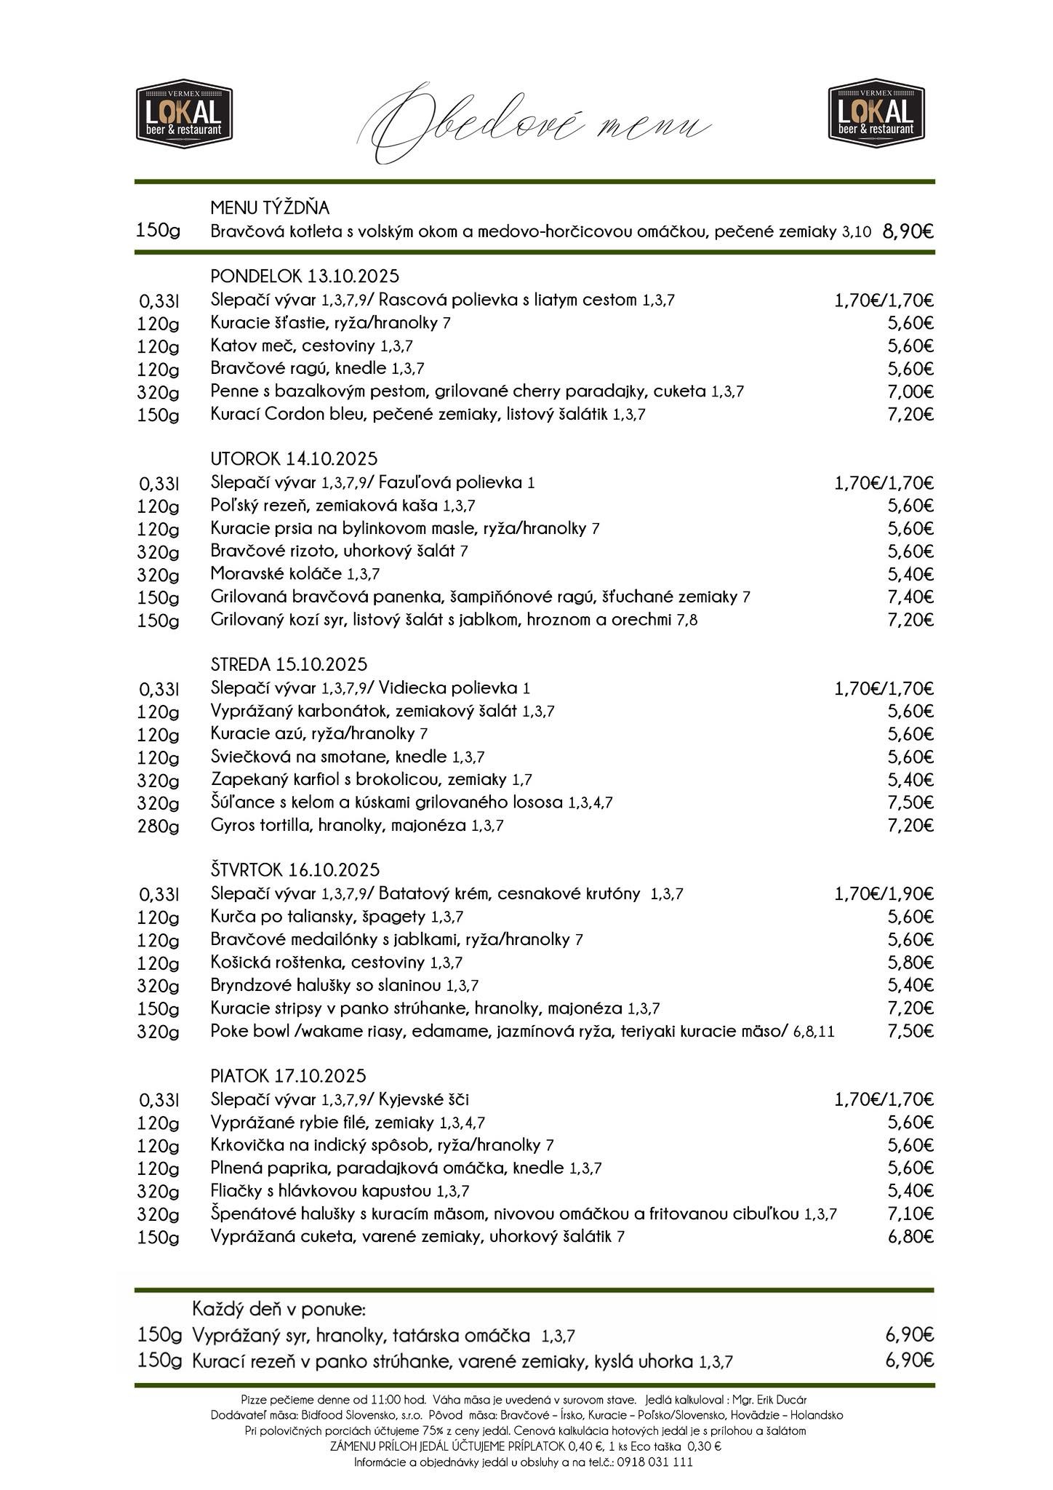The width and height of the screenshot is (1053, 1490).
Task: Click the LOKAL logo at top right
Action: coord(876,111)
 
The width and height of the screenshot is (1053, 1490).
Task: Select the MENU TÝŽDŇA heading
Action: coord(270,208)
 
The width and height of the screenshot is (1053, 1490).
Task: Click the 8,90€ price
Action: coord(908,231)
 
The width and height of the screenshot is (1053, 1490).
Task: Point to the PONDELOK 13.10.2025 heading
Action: coord(305,276)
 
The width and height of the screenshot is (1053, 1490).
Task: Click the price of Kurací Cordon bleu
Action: coord(910,415)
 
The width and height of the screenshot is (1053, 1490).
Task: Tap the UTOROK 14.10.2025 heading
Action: coord(294,459)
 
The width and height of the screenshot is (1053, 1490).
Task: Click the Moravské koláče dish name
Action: coord(276,574)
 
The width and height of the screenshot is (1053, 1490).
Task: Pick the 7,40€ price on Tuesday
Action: coord(910,597)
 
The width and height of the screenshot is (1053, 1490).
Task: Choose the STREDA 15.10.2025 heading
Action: coord(289,664)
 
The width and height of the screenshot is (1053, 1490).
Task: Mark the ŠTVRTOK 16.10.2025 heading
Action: coord(295,870)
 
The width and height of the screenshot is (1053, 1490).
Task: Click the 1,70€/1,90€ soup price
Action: coord(884,894)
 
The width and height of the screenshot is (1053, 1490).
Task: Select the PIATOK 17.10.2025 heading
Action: coord(288,1076)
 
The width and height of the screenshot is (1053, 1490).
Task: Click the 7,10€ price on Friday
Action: coord(910,1214)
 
